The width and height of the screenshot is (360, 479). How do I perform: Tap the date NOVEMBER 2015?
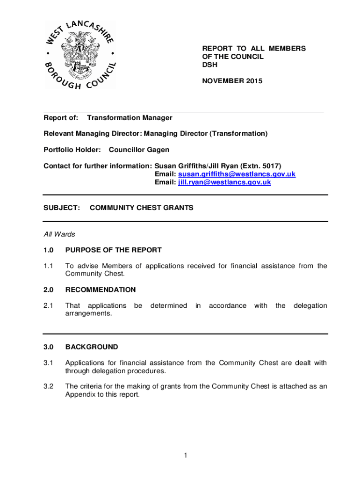[x=232, y=81]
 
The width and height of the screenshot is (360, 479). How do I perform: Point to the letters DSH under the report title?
[x=209, y=65]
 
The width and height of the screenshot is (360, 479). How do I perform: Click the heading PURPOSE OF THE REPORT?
[x=114, y=250]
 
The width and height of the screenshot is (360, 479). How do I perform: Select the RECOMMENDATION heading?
[x=101, y=290]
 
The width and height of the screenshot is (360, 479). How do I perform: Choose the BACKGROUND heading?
[x=92, y=347]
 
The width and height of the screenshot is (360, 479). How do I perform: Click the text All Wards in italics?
[x=59, y=234]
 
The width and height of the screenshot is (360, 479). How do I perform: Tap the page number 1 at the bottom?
[x=185, y=455]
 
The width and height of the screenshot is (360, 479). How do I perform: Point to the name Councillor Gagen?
[x=139, y=150]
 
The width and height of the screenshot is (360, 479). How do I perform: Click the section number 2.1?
[x=49, y=305]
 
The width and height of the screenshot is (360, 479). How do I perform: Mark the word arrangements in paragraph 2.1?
[x=89, y=313]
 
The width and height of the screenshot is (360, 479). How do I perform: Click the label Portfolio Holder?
[x=72, y=150]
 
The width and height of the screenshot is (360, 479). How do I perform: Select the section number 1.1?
[x=49, y=266]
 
